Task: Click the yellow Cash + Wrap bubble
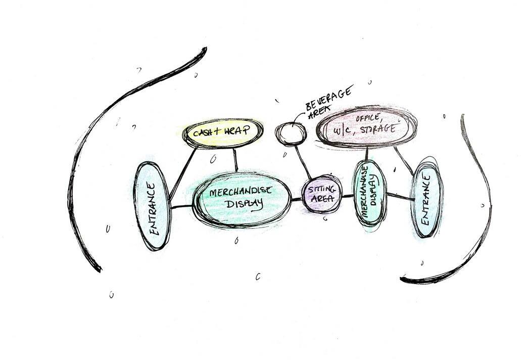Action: point(223,133)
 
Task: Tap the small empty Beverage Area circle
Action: point(291,133)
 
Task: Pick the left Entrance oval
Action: point(154,206)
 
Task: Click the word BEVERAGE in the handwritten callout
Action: point(329,101)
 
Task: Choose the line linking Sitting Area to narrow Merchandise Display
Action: point(348,195)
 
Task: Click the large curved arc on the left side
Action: point(86,152)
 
